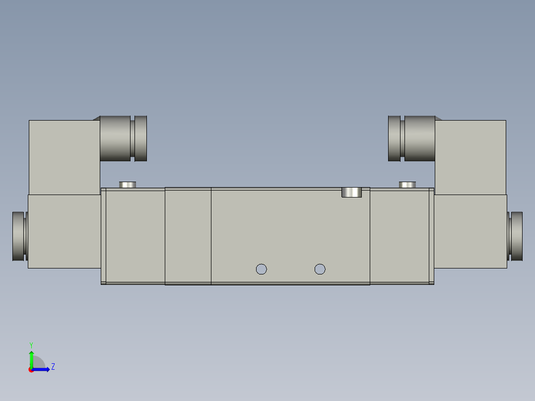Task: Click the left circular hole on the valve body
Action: [x=261, y=269]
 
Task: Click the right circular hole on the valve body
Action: [x=320, y=269]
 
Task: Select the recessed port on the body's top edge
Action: [x=352, y=192]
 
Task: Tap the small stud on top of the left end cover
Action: [x=128, y=185]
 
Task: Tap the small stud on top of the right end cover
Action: [x=407, y=185]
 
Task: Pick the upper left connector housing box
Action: [x=64, y=156]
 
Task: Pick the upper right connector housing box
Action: [x=470, y=156]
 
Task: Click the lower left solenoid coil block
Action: [x=65, y=231]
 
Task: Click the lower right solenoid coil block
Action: [x=470, y=231]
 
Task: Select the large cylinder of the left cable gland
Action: [x=116, y=138]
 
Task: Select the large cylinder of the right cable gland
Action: [x=419, y=138]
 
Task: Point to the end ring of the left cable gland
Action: [x=141, y=138]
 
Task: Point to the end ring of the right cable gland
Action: [x=394, y=138]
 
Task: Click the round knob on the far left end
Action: [x=18, y=236]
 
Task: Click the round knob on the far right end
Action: [x=516, y=236]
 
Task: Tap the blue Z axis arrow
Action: [x=44, y=369]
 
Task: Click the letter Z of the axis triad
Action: [x=53, y=367]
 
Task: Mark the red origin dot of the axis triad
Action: [x=31, y=370]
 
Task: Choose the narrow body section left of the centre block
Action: [x=188, y=236]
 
